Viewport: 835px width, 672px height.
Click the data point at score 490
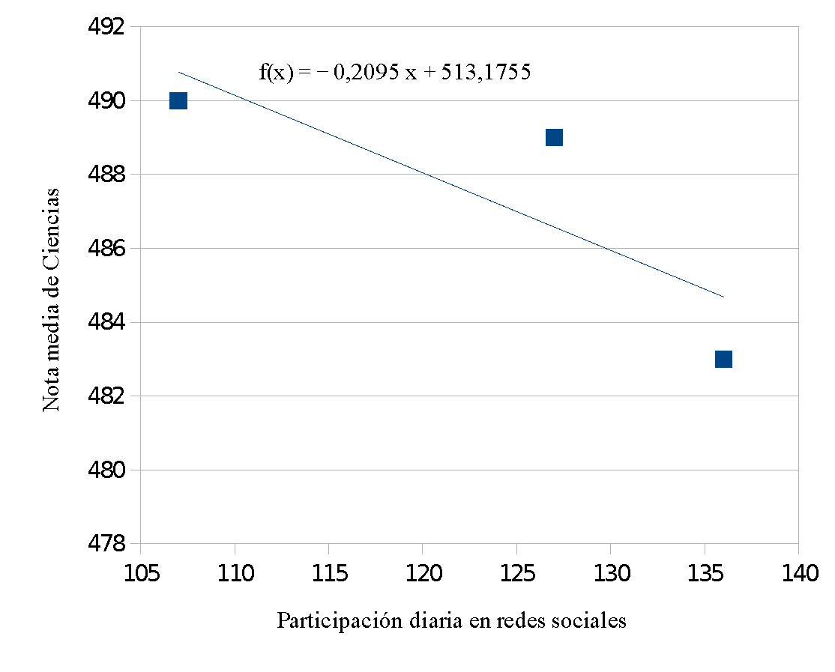pos(178,100)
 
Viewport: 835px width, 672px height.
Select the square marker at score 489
pos(554,137)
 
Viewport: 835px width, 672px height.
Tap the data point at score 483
pos(723,359)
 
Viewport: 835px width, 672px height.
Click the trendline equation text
pos(395,72)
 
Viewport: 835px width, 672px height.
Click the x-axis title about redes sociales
pos(451,621)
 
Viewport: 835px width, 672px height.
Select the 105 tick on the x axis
pos(141,575)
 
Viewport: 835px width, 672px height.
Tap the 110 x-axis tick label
pos(235,575)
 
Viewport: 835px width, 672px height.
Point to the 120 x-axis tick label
pos(422,575)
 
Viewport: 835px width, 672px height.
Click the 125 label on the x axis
pos(516,575)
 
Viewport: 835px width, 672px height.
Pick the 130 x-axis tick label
pos(610,575)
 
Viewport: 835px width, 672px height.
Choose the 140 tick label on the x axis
pos(798,575)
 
